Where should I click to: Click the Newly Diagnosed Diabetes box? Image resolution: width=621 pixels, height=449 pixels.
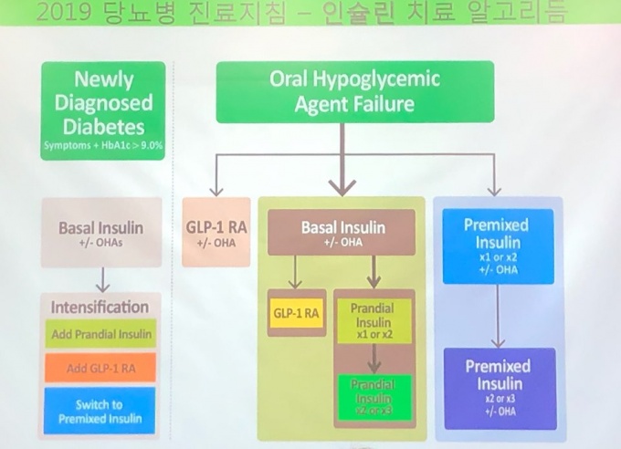pos(103,110)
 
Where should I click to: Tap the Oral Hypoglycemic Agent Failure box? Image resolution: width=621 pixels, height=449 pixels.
pos(355,91)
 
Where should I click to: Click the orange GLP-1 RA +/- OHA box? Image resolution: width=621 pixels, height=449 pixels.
pos(216,232)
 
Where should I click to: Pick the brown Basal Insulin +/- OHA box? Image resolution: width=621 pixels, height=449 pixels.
pos(342,232)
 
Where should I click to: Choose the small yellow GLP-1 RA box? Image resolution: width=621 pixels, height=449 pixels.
pos(296,313)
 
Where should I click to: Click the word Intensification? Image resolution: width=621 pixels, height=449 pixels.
pos(100,307)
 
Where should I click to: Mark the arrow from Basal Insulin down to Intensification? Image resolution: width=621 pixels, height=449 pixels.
pos(102,277)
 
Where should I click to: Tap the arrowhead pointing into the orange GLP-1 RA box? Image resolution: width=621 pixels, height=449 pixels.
pos(216,189)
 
